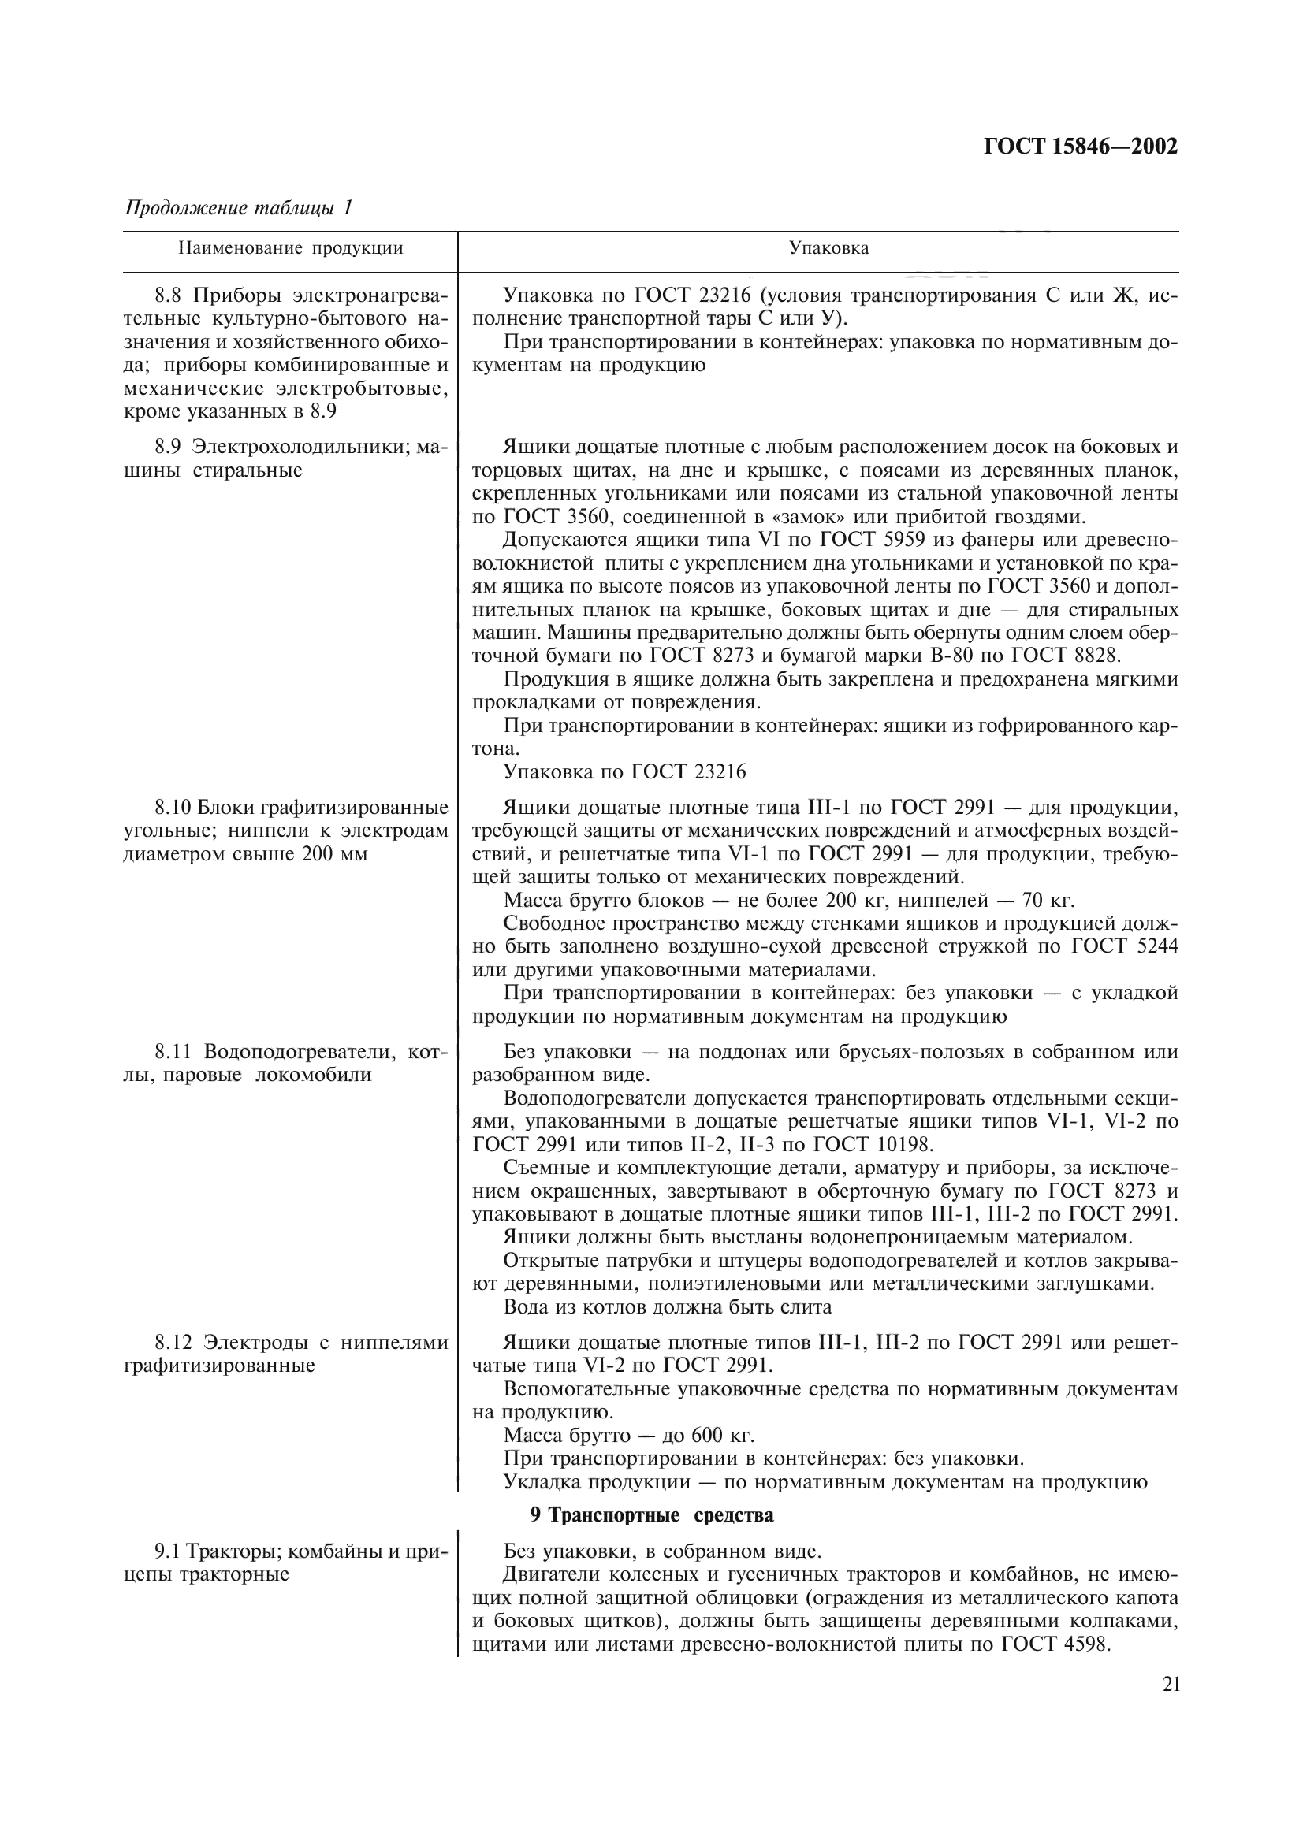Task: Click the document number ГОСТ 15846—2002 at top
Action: tap(1080, 147)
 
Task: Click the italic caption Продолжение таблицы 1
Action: tap(238, 208)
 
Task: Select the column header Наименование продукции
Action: tap(290, 248)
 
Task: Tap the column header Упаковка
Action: tap(828, 248)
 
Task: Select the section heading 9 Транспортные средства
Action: tap(651, 1515)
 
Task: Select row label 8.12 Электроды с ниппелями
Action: tap(301, 1342)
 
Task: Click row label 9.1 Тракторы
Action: tap(301, 1551)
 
